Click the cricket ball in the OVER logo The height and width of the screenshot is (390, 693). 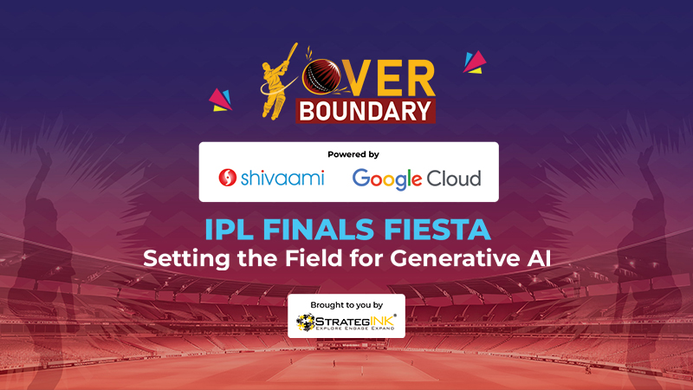click(x=321, y=76)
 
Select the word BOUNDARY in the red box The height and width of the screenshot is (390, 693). click(x=366, y=111)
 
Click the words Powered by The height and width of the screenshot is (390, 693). click(x=353, y=154)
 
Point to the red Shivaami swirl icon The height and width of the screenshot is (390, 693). click(x=228, y=178)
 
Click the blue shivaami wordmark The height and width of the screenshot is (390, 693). click(x=282, y=178)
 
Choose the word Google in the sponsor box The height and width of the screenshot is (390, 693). click(x=386, y=179)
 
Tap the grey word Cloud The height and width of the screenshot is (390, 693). click(x=453, y=179)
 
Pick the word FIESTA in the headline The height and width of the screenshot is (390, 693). click(x=437, y=230)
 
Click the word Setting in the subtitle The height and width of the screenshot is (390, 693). click(x=186, y=258)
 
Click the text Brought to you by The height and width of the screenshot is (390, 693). click(x=346, y=305)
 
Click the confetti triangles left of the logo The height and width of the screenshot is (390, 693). click(x=221, y=100)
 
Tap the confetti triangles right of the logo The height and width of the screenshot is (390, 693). click(x=475, y=62)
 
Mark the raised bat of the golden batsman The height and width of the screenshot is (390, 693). click(x=291, y=52)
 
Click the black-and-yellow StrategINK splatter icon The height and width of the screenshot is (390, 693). click(x=306, y=322)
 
